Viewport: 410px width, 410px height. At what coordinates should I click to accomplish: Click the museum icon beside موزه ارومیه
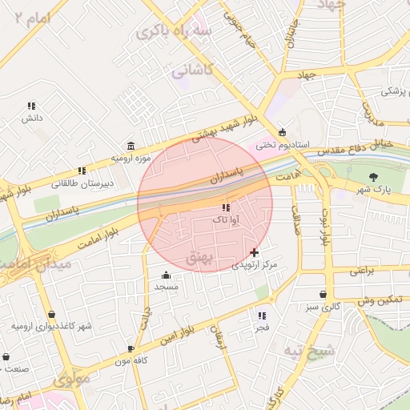(131, 146)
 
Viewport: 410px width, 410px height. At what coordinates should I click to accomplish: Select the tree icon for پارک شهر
(374, 177)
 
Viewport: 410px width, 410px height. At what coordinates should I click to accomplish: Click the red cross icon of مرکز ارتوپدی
(255, 251)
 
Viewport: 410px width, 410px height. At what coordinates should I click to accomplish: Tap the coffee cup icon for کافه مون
(131, 349)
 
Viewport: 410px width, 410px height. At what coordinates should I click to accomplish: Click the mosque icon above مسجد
(166, 275)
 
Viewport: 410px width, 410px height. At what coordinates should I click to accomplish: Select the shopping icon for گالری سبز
(323, 295)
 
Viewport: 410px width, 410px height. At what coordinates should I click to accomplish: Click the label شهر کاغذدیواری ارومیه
(51, 327)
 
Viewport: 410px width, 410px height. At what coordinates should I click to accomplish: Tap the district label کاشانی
(193, 70)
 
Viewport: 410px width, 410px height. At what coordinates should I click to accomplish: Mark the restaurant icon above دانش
(31, 106)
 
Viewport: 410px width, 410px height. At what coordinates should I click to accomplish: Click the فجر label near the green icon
(262, 328)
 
